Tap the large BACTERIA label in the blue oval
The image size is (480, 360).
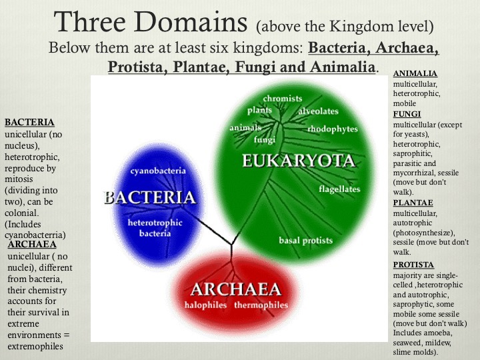tap(150, 197)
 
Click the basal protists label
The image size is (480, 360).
tap(305, 241)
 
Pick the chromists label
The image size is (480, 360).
tap(282, 99)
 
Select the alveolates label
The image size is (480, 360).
tap(319, 111)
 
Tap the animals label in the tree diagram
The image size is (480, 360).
tap(245, 127)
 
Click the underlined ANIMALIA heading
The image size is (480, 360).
tap(415, 73)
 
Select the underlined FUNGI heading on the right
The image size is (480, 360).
tap(407, 114)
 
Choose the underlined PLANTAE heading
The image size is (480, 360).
tap(413, 202)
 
